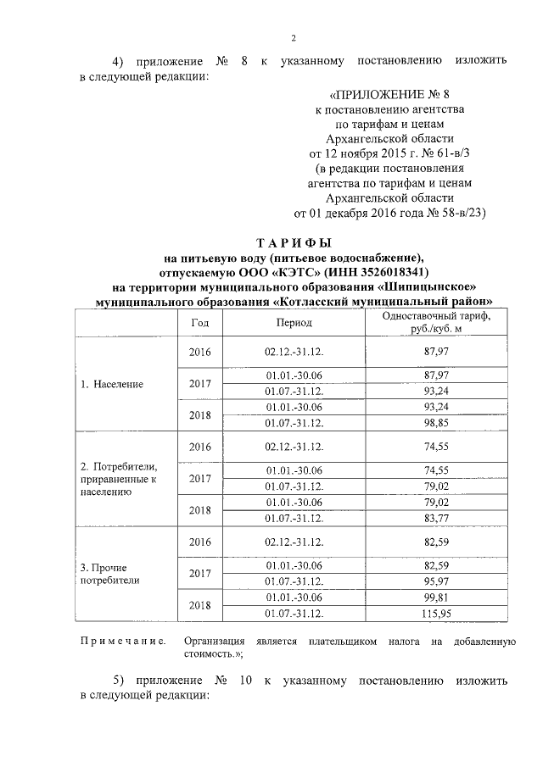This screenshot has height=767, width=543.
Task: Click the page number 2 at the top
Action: (x=293, y=38)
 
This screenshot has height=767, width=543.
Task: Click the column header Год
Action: (x=199, y=323)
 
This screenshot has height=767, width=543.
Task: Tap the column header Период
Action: (x=294, y=323)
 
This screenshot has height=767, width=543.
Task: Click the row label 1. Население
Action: (x=112, y=384)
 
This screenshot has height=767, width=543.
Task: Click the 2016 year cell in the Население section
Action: (x=199, y=352)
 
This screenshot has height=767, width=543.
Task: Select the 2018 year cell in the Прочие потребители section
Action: (x=199, y=605)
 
